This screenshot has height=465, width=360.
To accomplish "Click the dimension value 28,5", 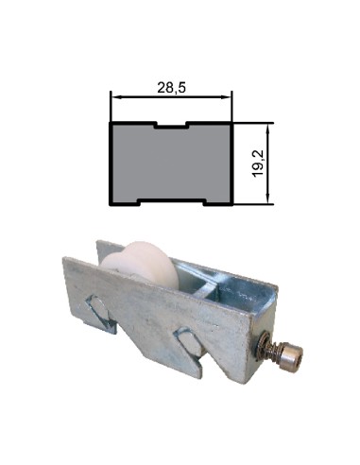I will click(171, 86).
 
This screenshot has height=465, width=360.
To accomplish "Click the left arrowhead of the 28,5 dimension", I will click(115, 96).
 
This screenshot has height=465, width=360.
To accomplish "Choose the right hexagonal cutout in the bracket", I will click(186, 344).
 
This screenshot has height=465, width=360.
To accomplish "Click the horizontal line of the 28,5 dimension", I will click(171, 96).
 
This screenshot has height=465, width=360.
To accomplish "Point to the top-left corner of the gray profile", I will click(112, 123).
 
